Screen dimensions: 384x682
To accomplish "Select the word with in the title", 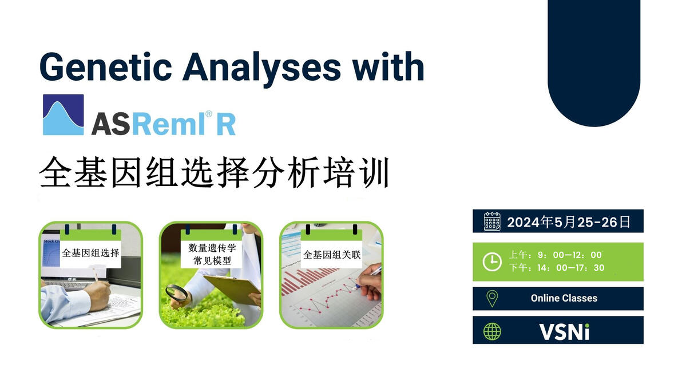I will click(388, 68).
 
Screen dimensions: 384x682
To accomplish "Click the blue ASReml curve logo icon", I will click(63, 115).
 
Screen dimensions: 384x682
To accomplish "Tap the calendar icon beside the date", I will click(492, 221).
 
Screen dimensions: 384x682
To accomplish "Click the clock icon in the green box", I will click(492, 262).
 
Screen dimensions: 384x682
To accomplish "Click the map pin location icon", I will click(492, 298).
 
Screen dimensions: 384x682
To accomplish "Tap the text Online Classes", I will click(564, 298).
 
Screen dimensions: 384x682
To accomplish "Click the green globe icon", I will click(492, 331).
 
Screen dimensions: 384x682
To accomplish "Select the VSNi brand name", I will click(564, 331).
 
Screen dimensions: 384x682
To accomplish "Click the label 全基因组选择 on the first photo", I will click(90, 252).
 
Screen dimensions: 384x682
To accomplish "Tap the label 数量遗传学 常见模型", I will click(212, 254).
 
